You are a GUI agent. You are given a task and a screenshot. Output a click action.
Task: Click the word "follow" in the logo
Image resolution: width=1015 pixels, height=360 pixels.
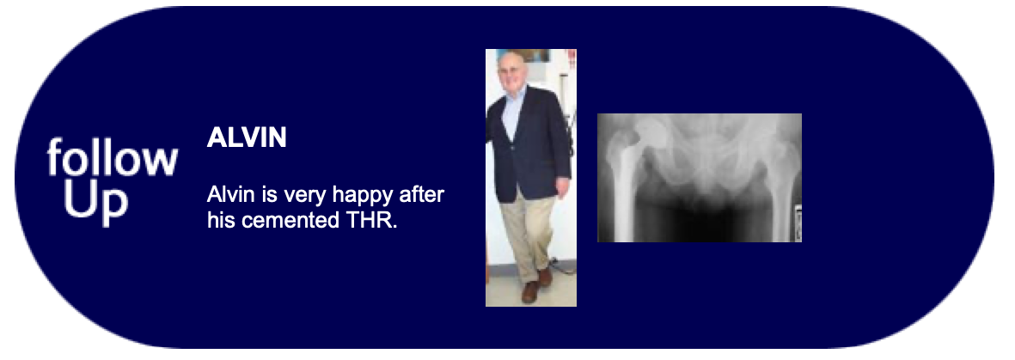coord(112,157)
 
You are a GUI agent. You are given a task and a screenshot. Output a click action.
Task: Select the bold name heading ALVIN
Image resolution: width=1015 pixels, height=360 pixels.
coord(247,138)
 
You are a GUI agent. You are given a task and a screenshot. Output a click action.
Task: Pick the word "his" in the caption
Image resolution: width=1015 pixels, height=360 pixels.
coord(222,220)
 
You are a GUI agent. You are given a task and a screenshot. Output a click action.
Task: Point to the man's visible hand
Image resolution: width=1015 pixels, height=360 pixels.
coord(562,187)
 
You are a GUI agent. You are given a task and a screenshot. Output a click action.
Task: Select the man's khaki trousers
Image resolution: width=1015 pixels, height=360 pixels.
coord(528,236)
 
